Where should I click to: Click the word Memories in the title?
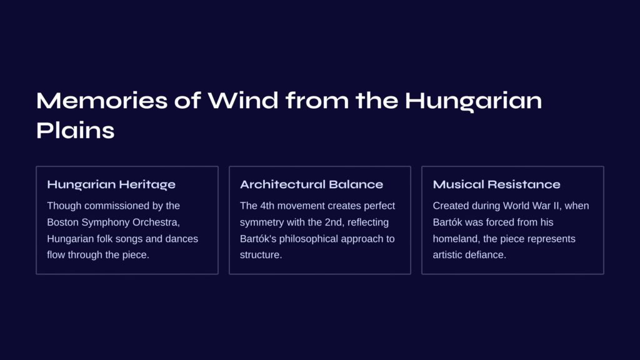[102, 101]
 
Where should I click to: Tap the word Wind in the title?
[243, 101]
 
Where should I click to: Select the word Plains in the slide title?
[76, 131]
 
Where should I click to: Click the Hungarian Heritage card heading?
[111, 184]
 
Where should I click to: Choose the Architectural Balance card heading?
[311, 184]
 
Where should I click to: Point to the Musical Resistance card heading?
[496, 184]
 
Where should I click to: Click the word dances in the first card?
[181, 239]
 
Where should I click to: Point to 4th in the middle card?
[267, 206]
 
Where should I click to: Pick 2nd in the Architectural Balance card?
[334, 222]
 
